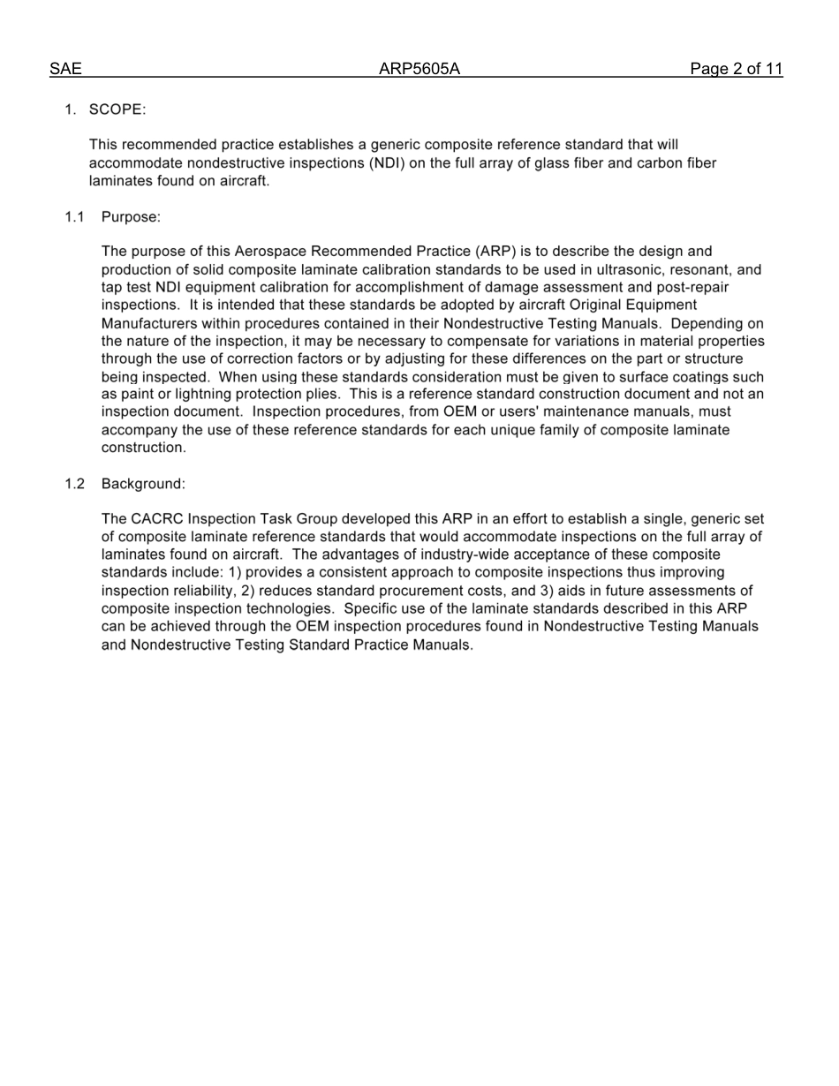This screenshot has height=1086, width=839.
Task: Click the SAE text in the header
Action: click(65, 69)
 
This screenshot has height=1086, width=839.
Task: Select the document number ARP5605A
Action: click(419, 69)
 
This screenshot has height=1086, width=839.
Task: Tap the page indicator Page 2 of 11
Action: click(737, 69)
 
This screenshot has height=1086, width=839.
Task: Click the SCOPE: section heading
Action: click(117, 109)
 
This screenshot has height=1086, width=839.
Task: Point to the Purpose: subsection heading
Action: click(131, 216)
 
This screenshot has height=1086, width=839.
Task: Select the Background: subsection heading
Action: click(143, 484)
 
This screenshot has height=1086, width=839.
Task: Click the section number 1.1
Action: click(74, 216)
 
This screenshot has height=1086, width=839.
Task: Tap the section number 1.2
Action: click(74, 484)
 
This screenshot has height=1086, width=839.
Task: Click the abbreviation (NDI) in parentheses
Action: click(388, 162)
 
